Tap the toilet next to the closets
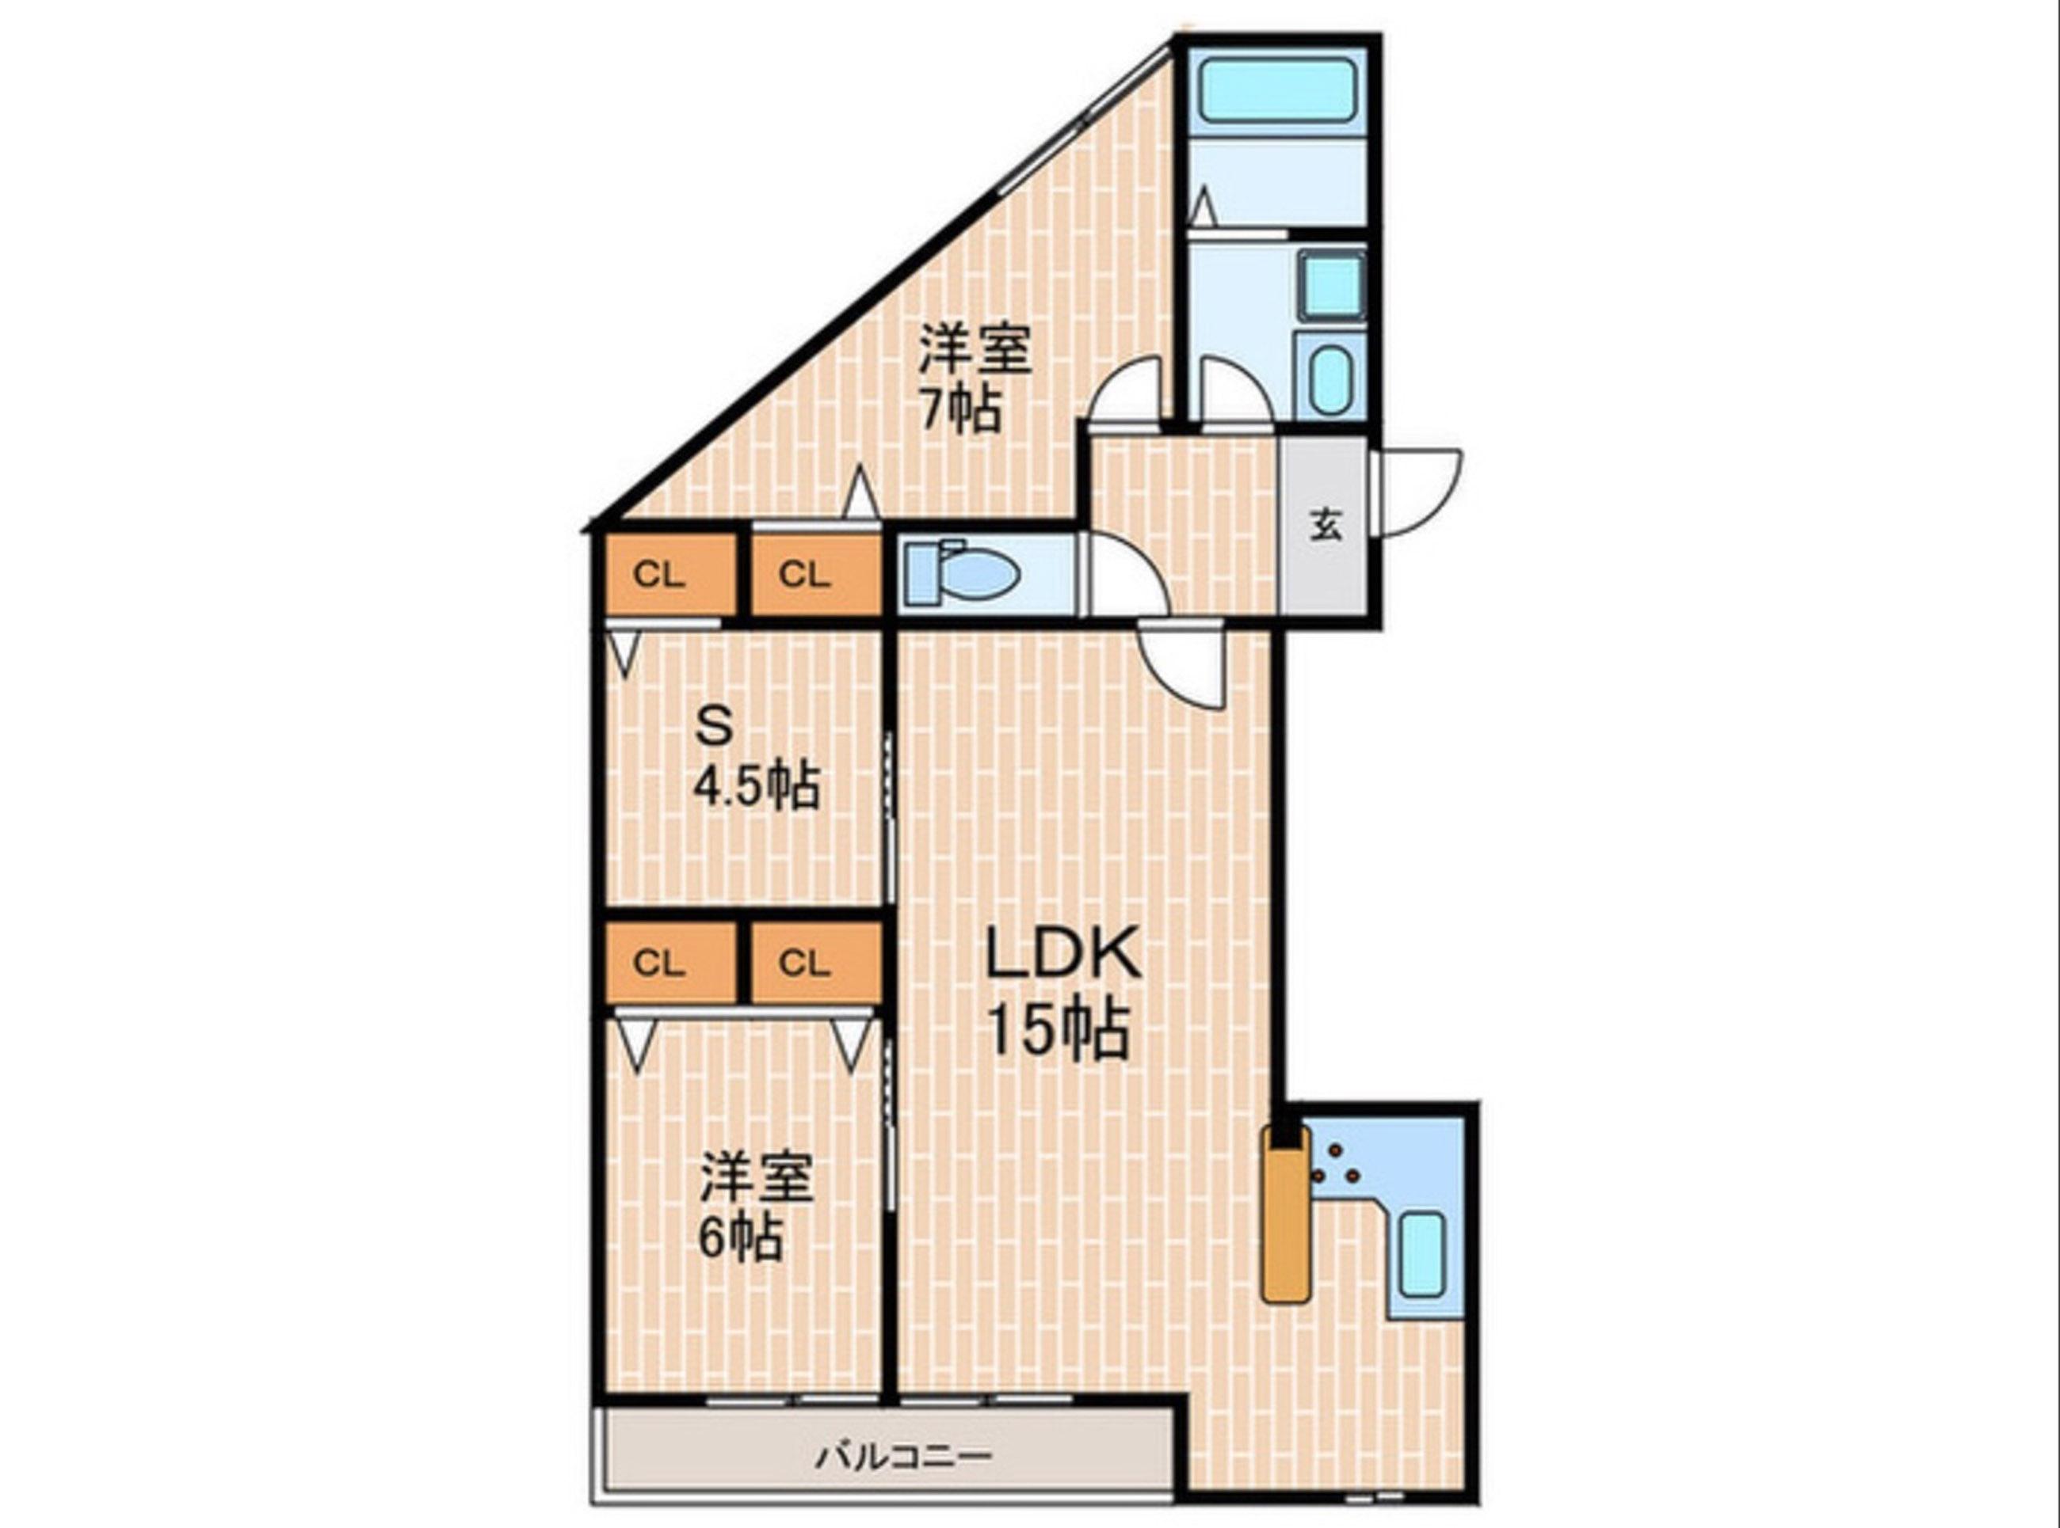click(963, 575)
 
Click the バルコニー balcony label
click(903, 1456)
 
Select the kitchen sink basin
click(1422, 1254)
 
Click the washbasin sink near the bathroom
click(1332, 380)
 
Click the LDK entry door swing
click(1181, 665)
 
